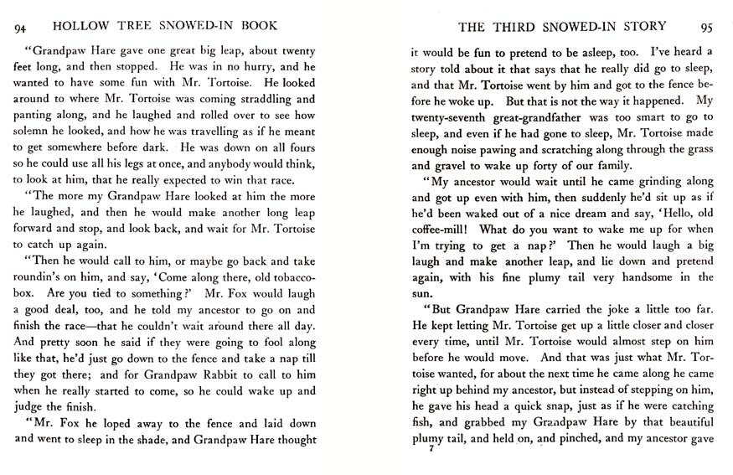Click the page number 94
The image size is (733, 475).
(x=22, y=28)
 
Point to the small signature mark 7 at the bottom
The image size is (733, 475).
(x=429, y=450)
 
